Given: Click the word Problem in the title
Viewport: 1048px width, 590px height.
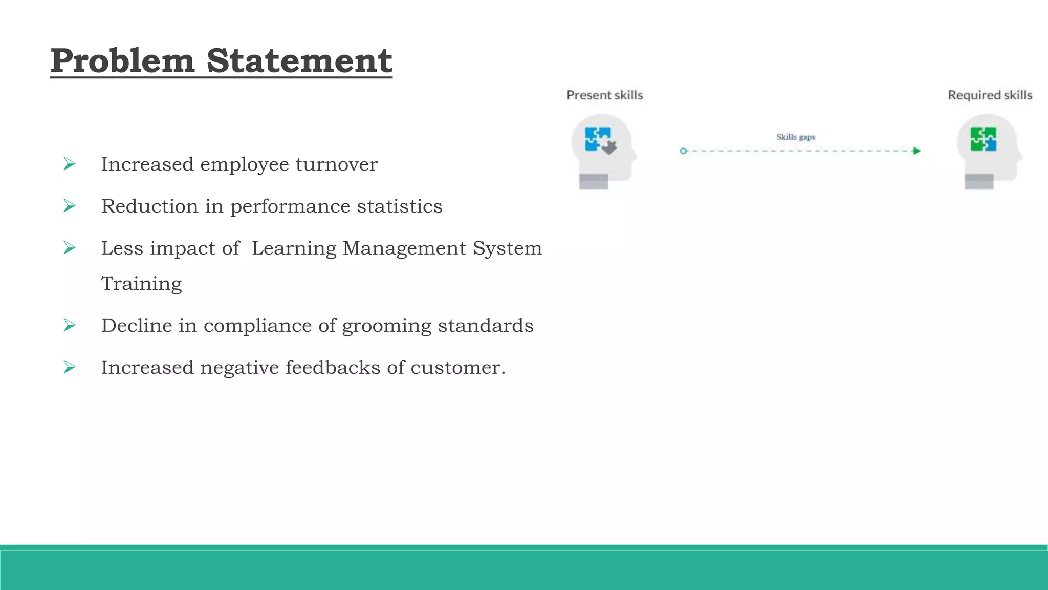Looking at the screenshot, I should (122, 61).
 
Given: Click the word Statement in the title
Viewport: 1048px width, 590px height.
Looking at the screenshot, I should (299, 61).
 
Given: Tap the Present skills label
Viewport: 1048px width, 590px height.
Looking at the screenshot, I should (604, 95).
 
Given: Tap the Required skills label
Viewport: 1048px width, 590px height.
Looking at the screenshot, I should (990, 95).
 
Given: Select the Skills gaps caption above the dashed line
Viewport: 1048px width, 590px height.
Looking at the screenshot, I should (796, 137).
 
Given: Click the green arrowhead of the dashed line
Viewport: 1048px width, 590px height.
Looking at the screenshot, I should (916, 151).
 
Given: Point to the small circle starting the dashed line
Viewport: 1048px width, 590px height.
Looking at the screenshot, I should (683, 151).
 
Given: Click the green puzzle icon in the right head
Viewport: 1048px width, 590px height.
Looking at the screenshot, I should (984, 139).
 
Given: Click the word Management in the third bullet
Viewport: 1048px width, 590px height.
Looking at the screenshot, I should (404, 248).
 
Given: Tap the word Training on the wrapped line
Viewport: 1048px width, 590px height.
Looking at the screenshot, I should (141, 284).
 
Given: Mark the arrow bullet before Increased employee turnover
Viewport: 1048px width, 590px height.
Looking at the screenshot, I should (70, 164).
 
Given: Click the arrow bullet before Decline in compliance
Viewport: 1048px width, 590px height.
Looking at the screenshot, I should (70, 325).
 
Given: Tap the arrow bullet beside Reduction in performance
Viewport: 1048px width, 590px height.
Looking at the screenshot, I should (70, 206).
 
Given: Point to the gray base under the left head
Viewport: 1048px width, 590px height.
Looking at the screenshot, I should (594, 181).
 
